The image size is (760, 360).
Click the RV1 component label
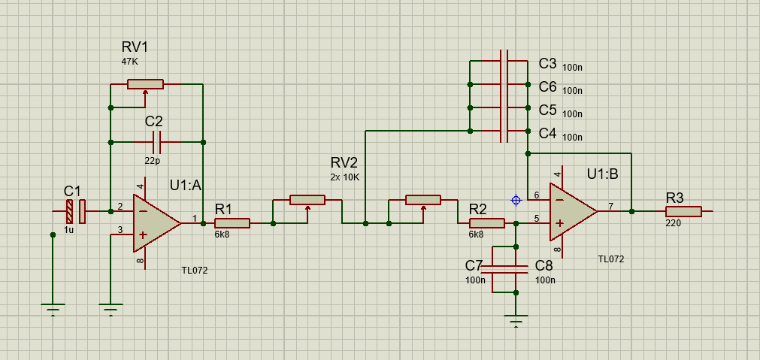click(135, 47)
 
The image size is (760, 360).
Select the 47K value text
click(131, 62)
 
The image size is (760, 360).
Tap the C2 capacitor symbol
click(156, 142)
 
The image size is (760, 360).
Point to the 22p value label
click(152, 161)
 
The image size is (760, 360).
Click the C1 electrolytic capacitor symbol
click(76, 211)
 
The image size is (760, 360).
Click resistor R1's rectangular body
click(232, 223)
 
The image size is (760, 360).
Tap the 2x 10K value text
click(344, 177)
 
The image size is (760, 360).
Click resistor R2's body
click(487, 223)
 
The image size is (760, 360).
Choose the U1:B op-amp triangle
click(574, 212)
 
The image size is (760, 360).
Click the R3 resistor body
click(683, 211)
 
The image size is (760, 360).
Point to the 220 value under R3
click(674, 224)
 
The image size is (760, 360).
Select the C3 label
click(548, 63)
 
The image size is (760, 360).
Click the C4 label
click(548, 133)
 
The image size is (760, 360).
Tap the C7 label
click(474, 265)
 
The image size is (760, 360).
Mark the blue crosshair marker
click(516, 200)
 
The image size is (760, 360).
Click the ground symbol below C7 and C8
click(516, 321)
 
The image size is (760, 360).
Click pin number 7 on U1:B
click(610, 207)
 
